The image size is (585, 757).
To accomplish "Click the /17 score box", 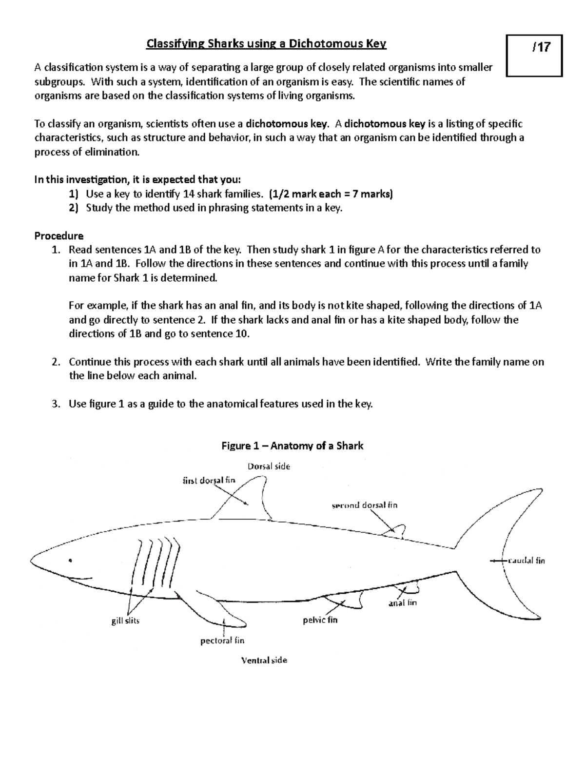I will (535, 56).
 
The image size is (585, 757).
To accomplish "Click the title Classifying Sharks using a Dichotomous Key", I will (267, 44).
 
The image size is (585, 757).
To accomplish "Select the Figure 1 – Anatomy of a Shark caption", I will (292, 446).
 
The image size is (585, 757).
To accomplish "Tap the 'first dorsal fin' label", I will (209, 480).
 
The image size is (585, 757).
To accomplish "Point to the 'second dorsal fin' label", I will (364, 505).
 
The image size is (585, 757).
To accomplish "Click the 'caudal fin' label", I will (526, 561).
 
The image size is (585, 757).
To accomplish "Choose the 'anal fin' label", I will (402, 603).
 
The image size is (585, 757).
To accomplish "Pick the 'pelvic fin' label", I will (320, 620).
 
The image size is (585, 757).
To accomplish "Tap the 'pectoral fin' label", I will (222, 641).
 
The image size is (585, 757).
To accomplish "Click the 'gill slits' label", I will (125, 621).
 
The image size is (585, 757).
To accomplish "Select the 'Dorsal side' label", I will (269, 466).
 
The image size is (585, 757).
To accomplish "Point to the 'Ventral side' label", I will (264, 660).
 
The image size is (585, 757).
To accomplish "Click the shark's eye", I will (71, 560).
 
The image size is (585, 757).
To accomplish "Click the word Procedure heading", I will (59, 236).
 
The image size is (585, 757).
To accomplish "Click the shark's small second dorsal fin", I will (397, 532).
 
